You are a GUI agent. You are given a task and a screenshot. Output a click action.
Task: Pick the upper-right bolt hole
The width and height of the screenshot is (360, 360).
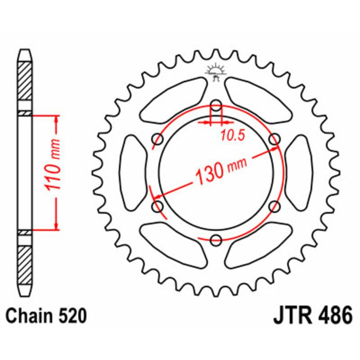(x=274, y=140)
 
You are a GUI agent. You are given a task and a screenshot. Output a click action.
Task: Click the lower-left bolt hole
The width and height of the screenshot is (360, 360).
(x=158, y=207)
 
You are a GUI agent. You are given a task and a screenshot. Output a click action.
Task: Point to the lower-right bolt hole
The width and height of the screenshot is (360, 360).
(x=274, y=207)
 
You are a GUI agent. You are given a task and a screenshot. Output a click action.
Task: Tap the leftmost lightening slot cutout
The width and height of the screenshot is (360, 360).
(x=132, y=173)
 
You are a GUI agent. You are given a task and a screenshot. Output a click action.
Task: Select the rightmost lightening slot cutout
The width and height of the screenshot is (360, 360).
(x=300, y=173)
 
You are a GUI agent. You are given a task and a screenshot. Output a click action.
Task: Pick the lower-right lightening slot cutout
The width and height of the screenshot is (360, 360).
(x=259, y=245)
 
